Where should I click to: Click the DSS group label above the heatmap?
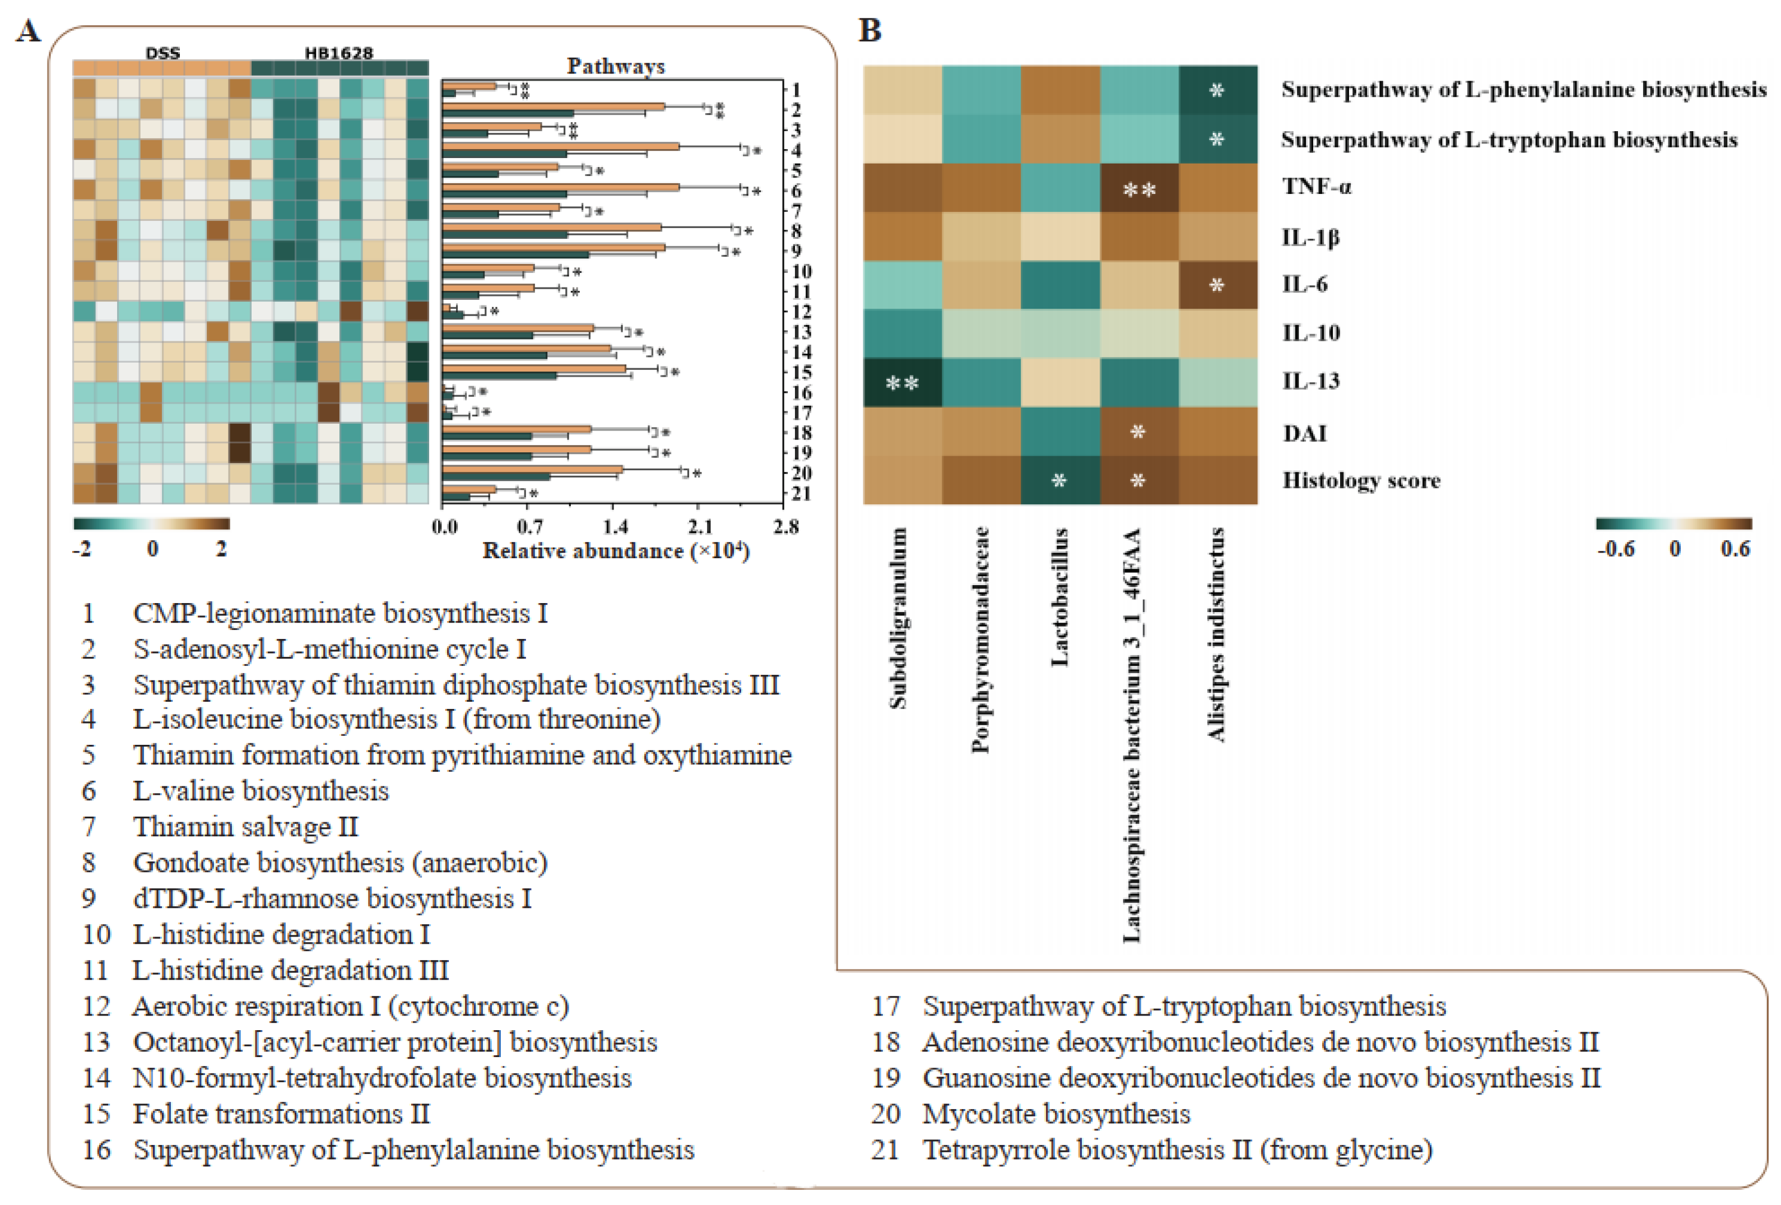point(162,53)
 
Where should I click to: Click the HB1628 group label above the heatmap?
point(339,53)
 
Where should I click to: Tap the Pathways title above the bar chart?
point(615,67)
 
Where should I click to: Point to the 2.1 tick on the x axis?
point(700,527)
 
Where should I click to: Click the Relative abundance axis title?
point(615,551)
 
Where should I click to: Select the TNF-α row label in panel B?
point(1316,187)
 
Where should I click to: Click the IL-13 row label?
point(1310,381)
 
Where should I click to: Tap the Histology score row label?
point(1361,481)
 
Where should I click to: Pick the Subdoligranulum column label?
point(898,617)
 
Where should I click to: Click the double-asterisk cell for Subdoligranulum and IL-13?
point(902,382)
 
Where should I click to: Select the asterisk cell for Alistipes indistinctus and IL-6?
point(1217,286)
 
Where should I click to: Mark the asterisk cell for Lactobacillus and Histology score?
point(1059,481)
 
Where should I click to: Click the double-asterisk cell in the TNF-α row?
point(1139,188)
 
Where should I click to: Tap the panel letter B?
point(870,31)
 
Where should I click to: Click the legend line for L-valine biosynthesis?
point(261,791)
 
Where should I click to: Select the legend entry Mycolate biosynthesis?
point(1055,1114)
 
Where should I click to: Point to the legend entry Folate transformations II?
point(281,1114)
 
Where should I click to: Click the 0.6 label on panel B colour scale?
point(1735,549)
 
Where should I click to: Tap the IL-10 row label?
point(1310,333)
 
